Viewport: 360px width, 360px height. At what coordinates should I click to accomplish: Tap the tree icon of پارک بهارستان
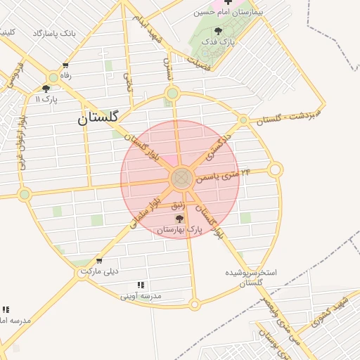point(178,219)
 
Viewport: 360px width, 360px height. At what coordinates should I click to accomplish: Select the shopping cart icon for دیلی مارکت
point(99,261)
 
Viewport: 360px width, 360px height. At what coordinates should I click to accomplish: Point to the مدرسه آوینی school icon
point(141,285)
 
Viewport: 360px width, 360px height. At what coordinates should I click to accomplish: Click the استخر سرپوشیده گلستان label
point(251,276)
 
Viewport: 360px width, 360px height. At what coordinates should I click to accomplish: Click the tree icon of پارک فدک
point(219,31)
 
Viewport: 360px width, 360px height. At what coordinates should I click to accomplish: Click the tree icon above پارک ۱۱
point(46,89)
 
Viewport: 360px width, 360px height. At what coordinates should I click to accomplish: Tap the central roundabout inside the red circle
point(181,178)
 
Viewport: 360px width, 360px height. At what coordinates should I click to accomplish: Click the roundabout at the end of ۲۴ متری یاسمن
point(275,169)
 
